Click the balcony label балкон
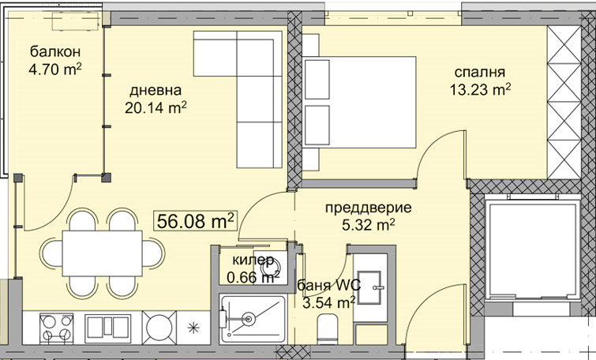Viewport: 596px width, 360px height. (x=54, y=52)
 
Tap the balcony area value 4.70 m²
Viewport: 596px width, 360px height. (x=54, y=71)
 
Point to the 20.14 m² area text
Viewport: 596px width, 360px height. (x=156, y=108)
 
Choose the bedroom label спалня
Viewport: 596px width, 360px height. (x=476, y=70)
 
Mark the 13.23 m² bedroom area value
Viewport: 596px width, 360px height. (x=480, y=89)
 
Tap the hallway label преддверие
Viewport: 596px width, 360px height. (x=369, y=208)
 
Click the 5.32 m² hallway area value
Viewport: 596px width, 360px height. (x=369, y=226)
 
